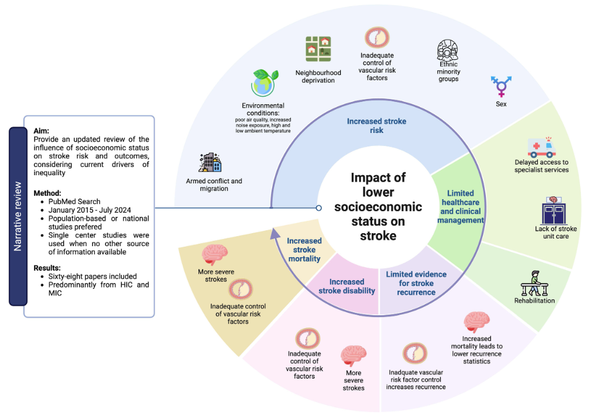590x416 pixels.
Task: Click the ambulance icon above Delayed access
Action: [542, 147]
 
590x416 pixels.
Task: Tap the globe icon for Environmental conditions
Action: [264, 83]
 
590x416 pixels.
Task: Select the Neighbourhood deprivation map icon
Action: [318, 49]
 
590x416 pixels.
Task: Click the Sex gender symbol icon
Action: [502, 87]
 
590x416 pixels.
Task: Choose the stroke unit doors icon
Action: [555, 210]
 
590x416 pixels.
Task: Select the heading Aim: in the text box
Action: [43, 131]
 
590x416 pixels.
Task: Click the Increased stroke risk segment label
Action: [376, 125]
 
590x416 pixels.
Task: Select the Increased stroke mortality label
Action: [304, 250]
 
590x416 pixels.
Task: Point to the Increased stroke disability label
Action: [347, 286]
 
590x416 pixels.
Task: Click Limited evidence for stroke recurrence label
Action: [416, 283]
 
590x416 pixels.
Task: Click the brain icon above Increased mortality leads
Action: [477, 322]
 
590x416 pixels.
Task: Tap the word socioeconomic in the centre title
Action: [378, 207]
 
